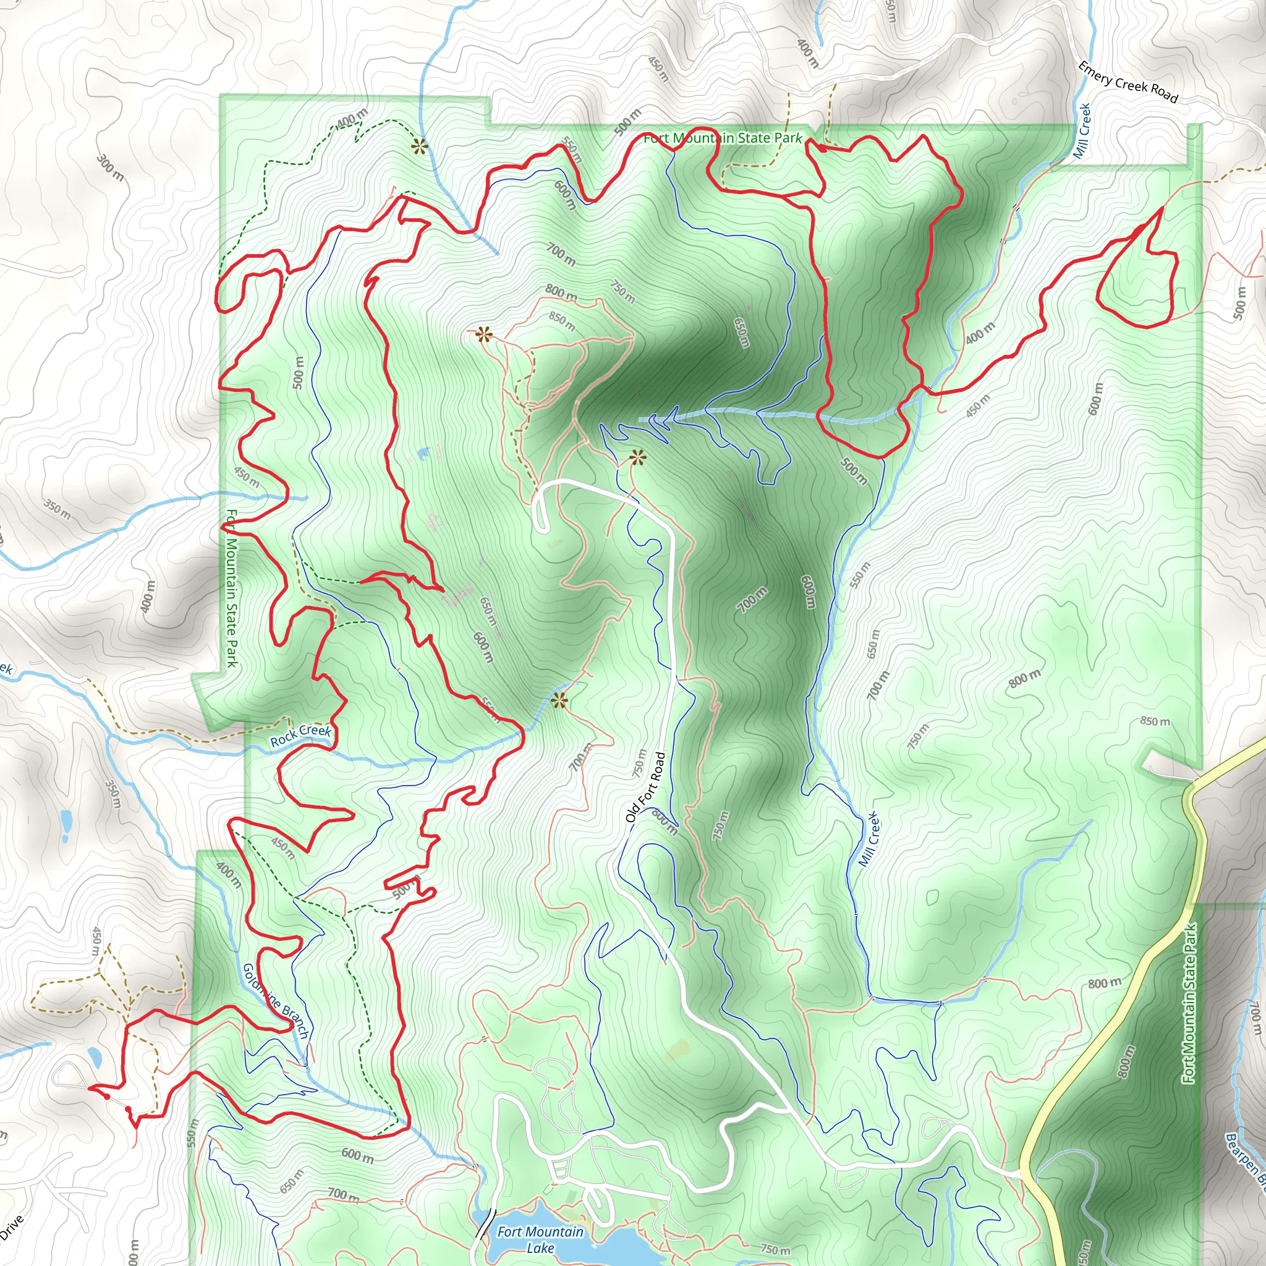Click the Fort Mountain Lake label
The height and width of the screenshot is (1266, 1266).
(540, 1240)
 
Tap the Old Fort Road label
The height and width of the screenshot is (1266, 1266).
(645, 787)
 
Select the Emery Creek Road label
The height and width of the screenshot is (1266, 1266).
(1128, 83)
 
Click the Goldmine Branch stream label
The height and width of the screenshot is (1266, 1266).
(275, 1000)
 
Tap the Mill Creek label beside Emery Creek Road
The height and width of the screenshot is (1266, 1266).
(1082, 131)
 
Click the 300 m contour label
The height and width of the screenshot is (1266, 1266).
(111, 168)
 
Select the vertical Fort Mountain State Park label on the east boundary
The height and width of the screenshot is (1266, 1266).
(1189, 1003)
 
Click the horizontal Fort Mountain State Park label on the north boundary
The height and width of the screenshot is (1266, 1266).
(722, 138)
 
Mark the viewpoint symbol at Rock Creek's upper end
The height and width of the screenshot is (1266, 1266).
(558, 702)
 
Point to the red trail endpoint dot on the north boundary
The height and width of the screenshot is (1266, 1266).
(822, 148)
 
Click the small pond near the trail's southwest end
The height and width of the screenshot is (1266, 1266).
(95, 1056)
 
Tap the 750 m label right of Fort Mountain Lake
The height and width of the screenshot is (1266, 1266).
(775, 1249)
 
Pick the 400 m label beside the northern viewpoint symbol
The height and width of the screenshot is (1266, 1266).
(352, 119)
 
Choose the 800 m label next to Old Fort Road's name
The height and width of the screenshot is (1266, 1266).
(664, 821)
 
